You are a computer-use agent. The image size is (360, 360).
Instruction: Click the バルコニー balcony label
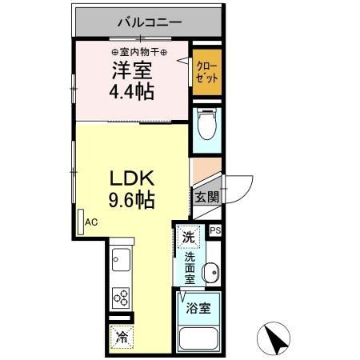(149, 22)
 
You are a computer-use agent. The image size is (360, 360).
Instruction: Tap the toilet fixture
(206, 126)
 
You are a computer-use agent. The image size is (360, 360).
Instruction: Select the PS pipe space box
(214, 230)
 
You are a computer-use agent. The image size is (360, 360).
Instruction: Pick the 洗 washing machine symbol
(189, 237)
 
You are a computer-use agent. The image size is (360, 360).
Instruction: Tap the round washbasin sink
(210, 273)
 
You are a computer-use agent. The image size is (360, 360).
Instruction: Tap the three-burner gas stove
(122, 298)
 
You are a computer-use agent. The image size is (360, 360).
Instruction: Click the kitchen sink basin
(122, 259)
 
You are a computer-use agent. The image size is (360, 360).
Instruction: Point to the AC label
(91, 223)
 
